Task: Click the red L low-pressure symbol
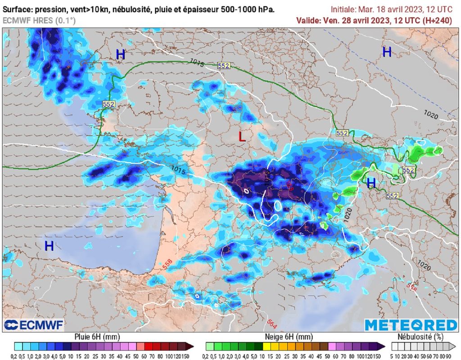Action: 242,137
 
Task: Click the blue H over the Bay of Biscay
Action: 49,246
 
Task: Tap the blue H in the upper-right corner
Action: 387,52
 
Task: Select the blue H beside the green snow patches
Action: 371,183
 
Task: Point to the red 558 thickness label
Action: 167,265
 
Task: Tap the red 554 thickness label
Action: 411,286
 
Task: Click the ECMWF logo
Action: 34,325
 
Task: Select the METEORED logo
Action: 411,325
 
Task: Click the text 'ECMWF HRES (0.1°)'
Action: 39,20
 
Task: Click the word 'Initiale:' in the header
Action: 343,9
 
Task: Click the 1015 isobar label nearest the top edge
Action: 197,63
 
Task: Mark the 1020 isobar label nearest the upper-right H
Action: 431,116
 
